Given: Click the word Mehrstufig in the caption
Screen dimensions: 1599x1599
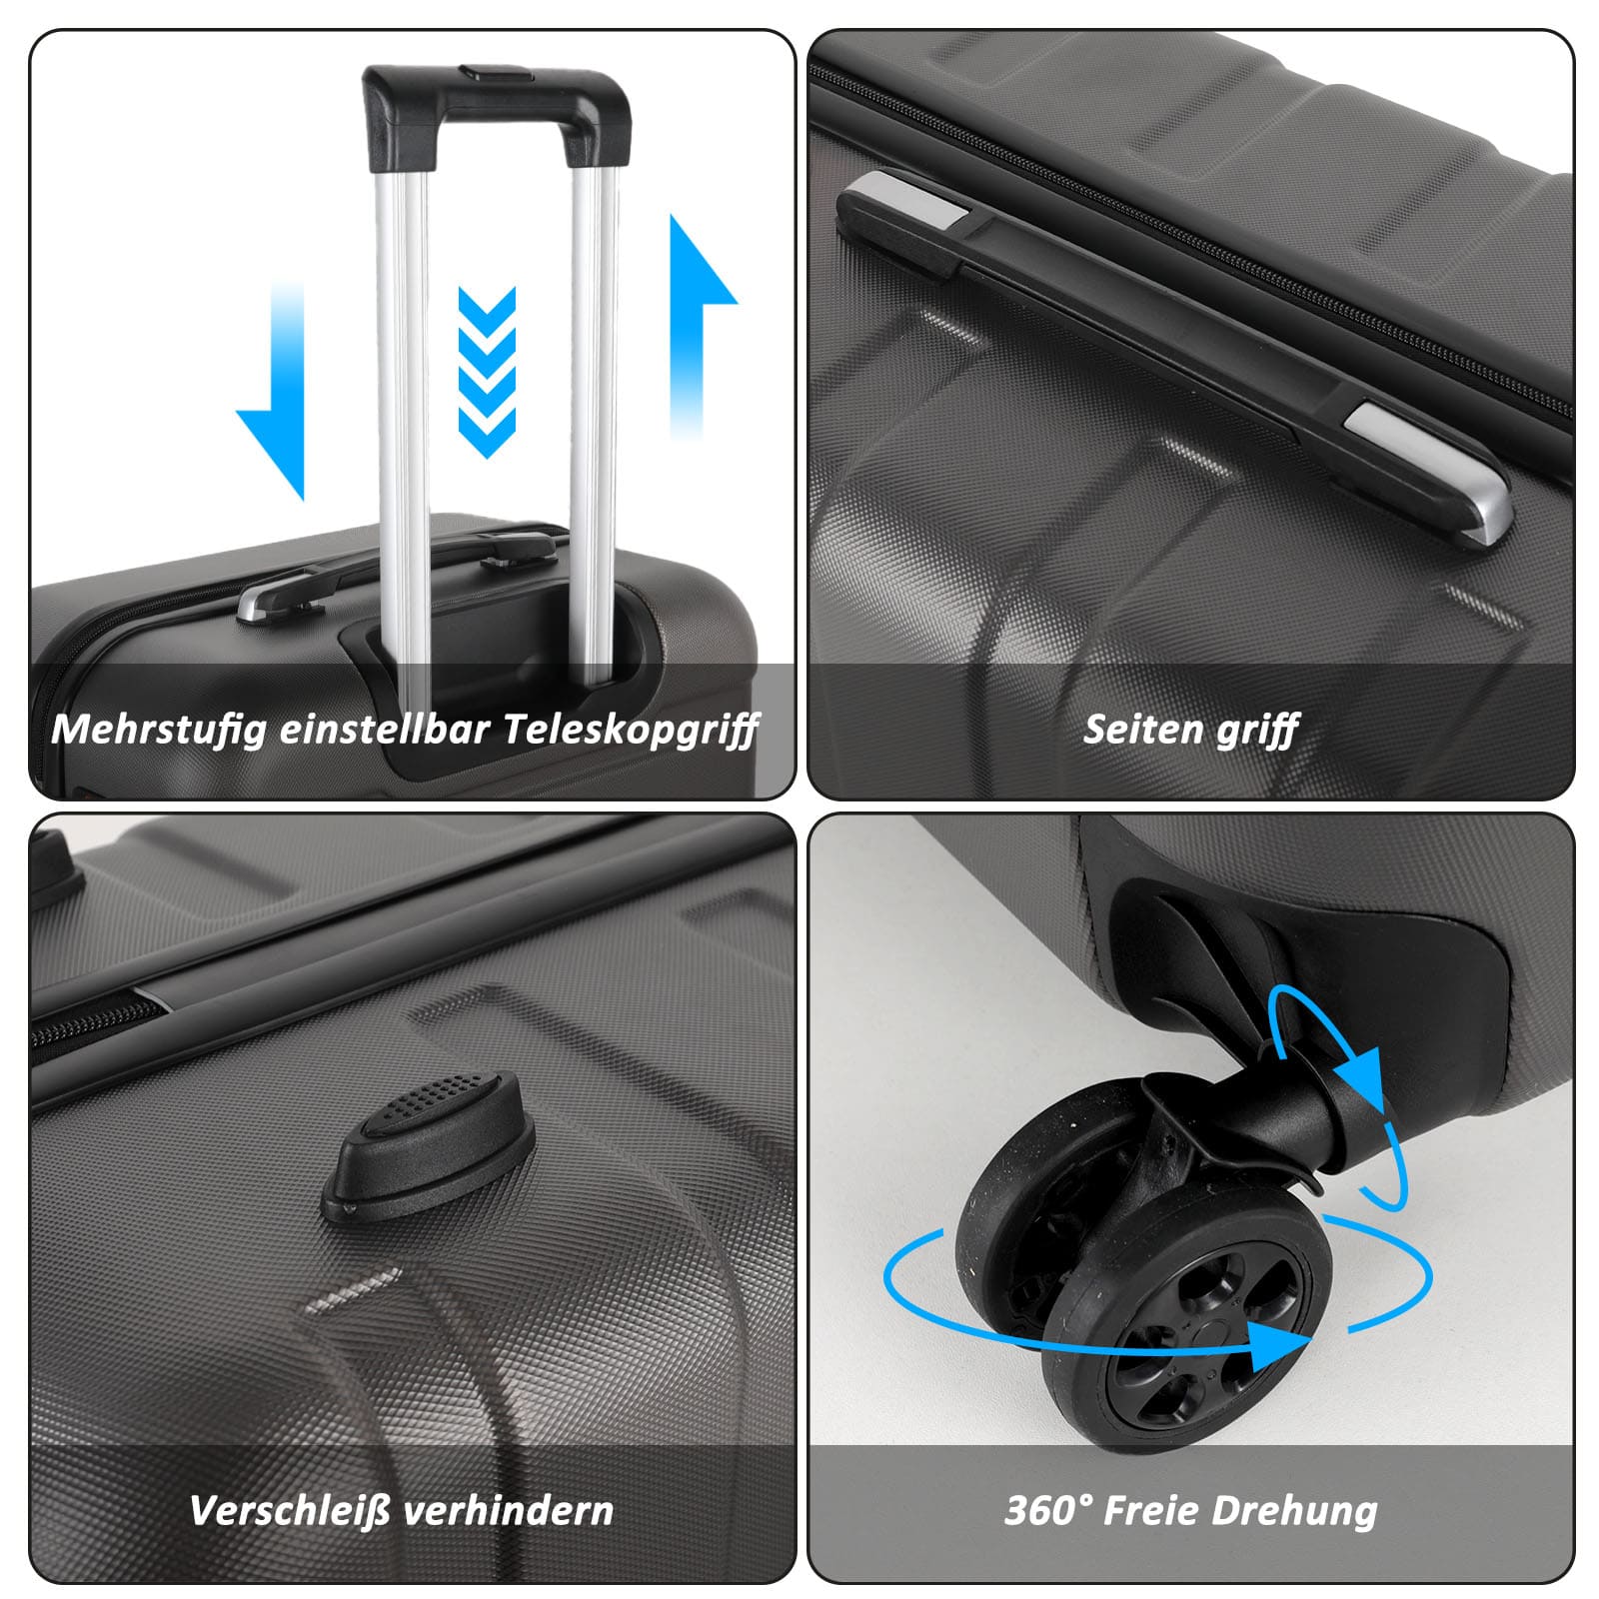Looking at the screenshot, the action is tap(159, 729).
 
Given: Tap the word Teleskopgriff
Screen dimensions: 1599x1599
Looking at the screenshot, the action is tap(631, 729).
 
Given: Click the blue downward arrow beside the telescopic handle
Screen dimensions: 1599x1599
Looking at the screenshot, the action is tap(272, 390).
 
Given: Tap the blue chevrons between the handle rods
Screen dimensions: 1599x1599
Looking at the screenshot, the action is tap(487, 372).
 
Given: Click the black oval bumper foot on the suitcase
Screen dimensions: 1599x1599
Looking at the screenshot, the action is tap(429, 1144).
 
